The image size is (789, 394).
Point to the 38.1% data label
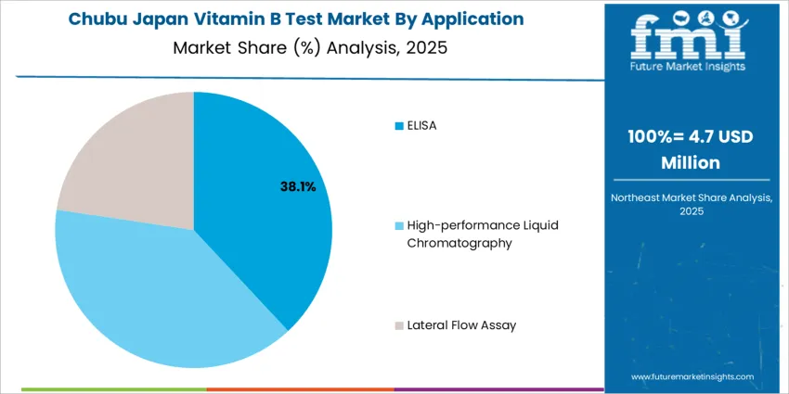point(298,187)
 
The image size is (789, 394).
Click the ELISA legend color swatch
point(399,125)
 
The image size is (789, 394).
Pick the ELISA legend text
point(421,125)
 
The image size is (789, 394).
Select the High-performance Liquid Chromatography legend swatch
point(399,226)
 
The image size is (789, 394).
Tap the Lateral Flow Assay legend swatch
point(399,326)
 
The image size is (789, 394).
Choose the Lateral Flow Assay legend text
point(461,325)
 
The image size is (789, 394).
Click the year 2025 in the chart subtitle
point(426,48)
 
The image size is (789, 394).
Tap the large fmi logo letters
point(686,37)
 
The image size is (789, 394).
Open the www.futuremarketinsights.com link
point(692,377)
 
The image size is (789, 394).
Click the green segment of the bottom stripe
point(111,390)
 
